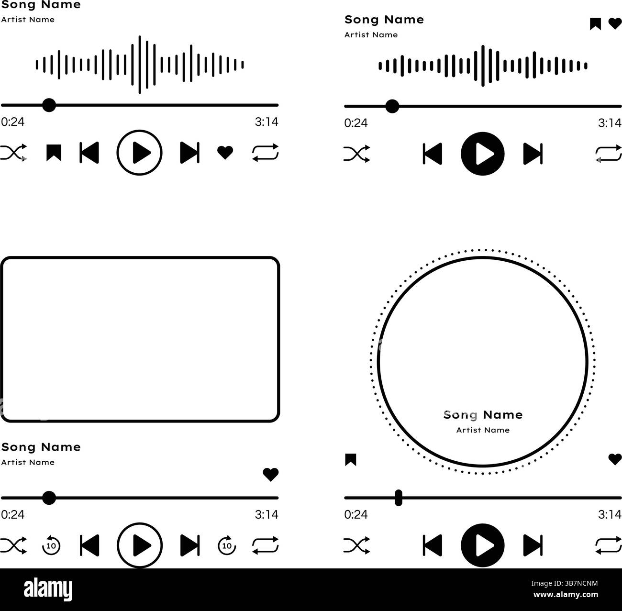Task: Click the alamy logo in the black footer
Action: pyautogui.click(x=48, y=589)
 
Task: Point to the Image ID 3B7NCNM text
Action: pyautogui.click(x=565, y=583)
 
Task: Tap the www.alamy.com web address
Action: pyautogui.click(x=566, y=595)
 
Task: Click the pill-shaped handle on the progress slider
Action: pyautogui.click(x=399, y=498)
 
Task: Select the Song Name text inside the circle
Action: pyautogui.click(x=483, y=415)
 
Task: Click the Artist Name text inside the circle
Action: pyautogui.click(x=483, y=430)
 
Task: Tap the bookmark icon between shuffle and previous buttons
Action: pyautogui.click(x=54, y=153)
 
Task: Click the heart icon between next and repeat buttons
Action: pyautogui.click(x=225, y=153)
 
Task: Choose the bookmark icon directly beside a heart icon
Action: pyautogui.click(x=595, y=24)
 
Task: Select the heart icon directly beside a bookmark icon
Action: pyautogui.click(x=615, y=23)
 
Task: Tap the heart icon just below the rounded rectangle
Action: pyautogui.click(x=270, y=474)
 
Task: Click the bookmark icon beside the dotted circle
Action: pyautogui.click(x=351, y=459)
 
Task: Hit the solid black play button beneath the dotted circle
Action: pyautogui.click(x=483, y=545)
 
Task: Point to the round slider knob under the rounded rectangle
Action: pyautogui.click(x=49, y=498)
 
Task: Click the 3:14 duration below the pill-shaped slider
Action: pyautogui.click(x=610, y=514)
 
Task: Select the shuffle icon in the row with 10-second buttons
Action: pyautogui.click(x=13, y=545)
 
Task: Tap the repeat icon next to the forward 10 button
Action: pyautogui.click(x=265, y=545)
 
